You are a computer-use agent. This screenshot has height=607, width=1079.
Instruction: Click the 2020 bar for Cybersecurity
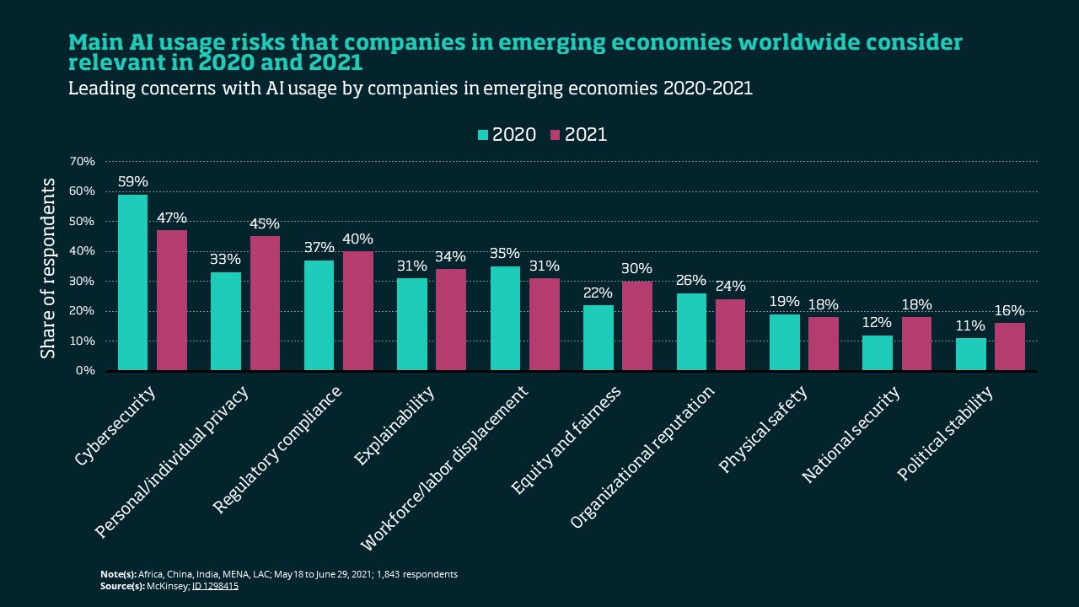[132, 282]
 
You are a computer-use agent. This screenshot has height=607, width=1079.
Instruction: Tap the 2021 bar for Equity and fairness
[636, 325]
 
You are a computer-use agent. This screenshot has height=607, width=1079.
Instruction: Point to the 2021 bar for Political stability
[1009, 346]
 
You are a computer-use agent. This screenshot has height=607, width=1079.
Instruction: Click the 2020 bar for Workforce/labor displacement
[505, 319]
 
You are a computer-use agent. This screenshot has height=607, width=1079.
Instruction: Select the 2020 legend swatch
[483, 135]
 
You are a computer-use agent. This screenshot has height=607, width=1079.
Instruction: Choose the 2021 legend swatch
[555, 135]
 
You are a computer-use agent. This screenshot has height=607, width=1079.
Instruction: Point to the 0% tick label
[87, 371]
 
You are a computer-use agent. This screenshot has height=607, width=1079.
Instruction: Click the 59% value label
[133, 181]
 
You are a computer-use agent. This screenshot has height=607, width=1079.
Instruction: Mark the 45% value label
[265, 223]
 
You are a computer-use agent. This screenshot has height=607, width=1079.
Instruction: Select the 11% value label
[970, 325]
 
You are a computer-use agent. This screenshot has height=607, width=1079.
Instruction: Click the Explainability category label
[395, 426]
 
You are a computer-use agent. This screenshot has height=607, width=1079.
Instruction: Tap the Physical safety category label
[764, 430]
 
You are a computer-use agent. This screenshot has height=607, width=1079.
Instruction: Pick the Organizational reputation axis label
[642, 457]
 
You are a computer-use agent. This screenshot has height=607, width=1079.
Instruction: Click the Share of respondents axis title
[48, 268]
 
